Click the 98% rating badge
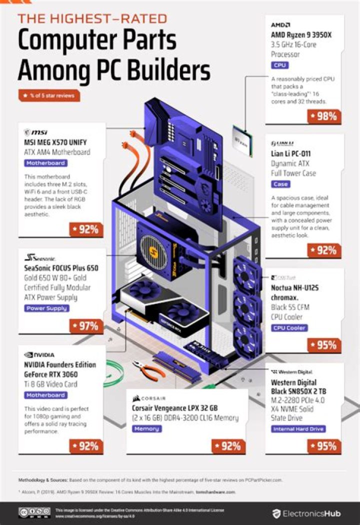point(324,116)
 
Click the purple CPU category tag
point(280,65)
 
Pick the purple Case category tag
point(280,184)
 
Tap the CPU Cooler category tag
point(289,328)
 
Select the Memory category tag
point(146,428)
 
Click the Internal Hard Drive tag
point(298,428)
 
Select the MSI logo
point(35,132)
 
